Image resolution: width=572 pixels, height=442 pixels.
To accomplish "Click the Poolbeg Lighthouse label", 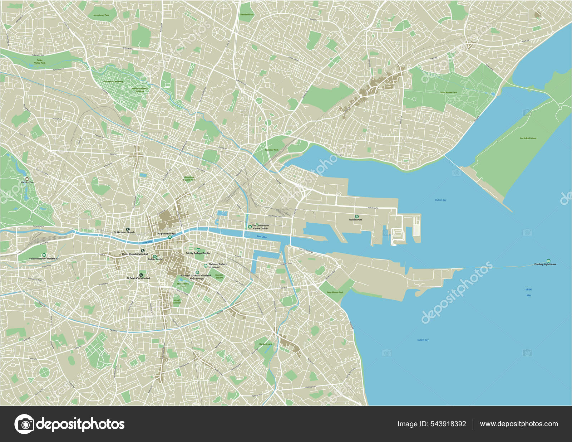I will (545, 264).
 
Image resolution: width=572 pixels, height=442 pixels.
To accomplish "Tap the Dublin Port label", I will (355, 219).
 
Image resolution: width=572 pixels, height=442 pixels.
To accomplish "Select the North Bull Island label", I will (528, 138).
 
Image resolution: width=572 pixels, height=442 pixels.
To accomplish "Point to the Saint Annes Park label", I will (448, 92).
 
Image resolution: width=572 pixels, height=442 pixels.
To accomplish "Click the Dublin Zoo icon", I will (27, 179).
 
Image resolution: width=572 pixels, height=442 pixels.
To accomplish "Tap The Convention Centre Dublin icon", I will (250, 227).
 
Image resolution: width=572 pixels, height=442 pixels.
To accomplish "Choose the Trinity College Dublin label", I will (198, 253).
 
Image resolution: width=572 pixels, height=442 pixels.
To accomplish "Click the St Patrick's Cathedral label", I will (138, 278).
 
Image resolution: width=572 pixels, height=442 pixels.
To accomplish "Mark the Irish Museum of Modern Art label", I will (44, 258).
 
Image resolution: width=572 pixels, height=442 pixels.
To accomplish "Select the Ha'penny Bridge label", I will (167, 234).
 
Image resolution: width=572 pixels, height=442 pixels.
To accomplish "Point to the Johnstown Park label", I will (101, 15).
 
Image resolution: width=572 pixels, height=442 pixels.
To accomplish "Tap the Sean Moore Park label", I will (335, 292).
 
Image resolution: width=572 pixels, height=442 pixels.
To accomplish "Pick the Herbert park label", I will (266, 344).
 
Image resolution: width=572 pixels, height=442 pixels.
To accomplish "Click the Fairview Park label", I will (272, 150).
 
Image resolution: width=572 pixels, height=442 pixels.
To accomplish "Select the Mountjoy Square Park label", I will (189, 178).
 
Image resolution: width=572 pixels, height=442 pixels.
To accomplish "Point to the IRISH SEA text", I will (528, 292).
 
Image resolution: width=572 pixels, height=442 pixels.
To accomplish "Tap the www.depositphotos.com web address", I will (519, 424).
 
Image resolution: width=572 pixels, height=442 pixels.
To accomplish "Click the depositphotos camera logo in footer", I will (24, 424).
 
